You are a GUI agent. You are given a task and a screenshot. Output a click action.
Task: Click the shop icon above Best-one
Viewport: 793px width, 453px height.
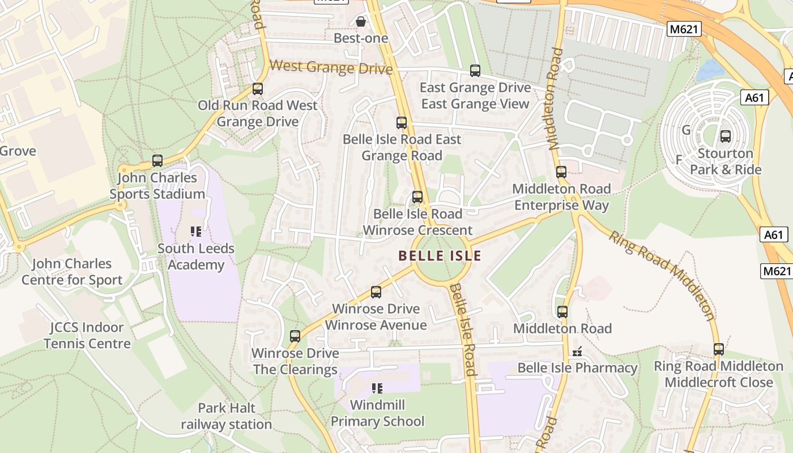[x=361, y=22]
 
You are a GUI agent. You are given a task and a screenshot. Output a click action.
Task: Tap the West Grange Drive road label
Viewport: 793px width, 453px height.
[x=331, y=67]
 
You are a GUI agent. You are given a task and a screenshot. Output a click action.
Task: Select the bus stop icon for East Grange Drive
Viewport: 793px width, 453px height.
[x=475, y=71]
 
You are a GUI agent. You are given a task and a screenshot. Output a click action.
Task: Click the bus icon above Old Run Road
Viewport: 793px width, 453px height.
[x=258, y=89]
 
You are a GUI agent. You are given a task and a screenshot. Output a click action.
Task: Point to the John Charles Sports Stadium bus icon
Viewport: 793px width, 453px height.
[x=157, y=161]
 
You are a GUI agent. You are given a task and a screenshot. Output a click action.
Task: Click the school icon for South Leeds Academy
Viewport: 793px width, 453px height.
[x=196, y=232]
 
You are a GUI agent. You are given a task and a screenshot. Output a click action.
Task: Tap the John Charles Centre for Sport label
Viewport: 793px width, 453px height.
[x=72, y=272]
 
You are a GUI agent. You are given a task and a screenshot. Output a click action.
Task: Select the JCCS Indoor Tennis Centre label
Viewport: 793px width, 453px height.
[x=87, y=335]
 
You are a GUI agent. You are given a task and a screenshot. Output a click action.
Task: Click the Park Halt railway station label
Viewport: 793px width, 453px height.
[x=227, y=416]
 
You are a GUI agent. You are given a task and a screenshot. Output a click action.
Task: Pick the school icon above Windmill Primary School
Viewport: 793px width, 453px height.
[x=377, y=388]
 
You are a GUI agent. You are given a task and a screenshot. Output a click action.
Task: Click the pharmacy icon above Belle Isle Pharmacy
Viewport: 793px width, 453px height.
[x=577, y=352]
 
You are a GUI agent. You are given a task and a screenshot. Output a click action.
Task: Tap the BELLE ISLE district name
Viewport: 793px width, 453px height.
[x=440, y=256]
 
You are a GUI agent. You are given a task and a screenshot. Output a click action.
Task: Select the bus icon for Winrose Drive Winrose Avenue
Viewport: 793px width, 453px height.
[x=376, y=292]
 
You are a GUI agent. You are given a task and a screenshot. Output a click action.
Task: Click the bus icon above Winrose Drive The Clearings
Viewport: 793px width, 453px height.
[x=295, y=336]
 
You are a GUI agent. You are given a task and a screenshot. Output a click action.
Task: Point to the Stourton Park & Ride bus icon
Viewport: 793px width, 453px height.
[x=726, y=136]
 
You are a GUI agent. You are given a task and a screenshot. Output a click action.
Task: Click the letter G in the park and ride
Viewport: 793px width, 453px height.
[x=687, y=130]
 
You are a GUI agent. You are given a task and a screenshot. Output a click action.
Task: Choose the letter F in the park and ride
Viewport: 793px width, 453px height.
[x=679, y=160]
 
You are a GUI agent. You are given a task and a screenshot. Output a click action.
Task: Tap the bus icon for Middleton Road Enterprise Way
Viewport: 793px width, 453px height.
[x=561, y=172]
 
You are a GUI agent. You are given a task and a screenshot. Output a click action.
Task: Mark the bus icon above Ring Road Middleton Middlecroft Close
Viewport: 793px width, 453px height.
[x=719, y=349]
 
